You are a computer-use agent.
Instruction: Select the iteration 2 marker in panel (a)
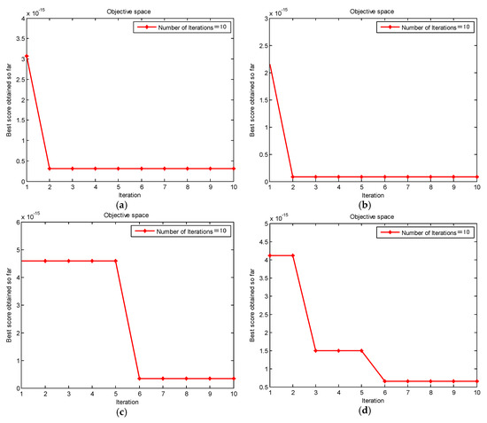(49, 168)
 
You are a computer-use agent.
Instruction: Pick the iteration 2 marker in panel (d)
(293, 255)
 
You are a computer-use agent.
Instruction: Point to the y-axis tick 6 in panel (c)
(19, 223)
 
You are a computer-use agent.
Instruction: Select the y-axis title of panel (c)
(6, 306)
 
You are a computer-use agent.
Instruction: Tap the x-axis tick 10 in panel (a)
(234, 187)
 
